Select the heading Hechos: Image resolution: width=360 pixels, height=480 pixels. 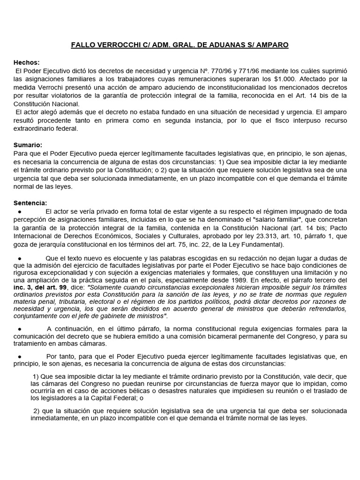click(x=26, y=62)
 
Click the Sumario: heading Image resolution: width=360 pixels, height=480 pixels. click(x=28, y=145)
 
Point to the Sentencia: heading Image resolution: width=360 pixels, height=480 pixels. click(x=30, y=202)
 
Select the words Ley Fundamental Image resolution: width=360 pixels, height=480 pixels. click(x=258, y=245)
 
